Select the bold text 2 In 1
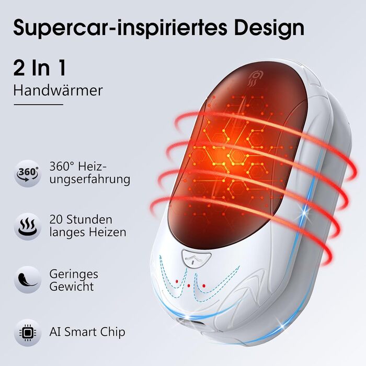point(40,68)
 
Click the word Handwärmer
point(58,90)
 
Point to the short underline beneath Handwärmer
point(38,105)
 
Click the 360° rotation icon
point(28,173)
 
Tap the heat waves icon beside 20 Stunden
point(28,226)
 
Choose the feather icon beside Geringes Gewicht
point(28,279)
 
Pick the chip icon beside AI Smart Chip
point(28,332)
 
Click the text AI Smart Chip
point(87,332)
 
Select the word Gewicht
point(72,287)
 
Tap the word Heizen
point(108,232)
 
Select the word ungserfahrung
point(90,179)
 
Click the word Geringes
point(74,273)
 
